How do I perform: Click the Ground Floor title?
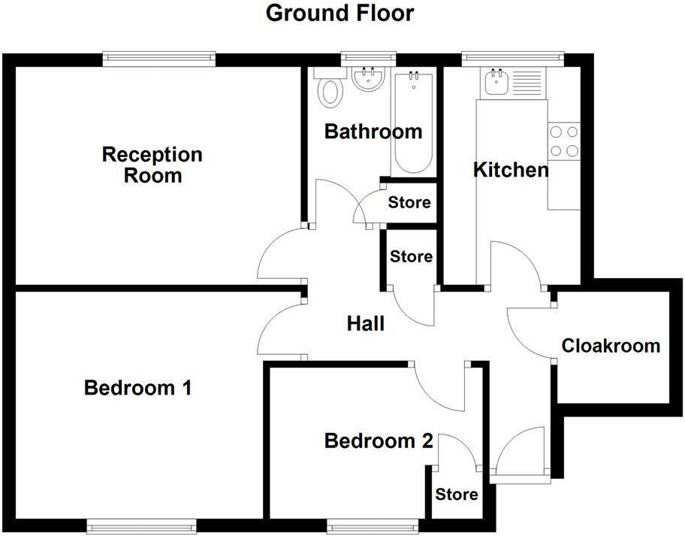(339, 13)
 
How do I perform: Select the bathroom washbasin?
(368, 79)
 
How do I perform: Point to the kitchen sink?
(496, 81)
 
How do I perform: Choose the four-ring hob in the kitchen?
(564, 141)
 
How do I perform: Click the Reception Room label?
(152, 165)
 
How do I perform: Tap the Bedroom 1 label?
(137, 389)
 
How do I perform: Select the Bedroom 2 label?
(379, 441)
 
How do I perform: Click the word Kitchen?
(511, 170)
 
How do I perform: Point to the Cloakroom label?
(611, 346)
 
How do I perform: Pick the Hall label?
(366, 324)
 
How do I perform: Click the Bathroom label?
(373, 132)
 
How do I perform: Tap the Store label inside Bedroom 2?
(457, 495)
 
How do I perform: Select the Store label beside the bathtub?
(409, 202)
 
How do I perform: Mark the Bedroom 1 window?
(141, 525)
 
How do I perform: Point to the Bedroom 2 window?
(373, 525)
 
